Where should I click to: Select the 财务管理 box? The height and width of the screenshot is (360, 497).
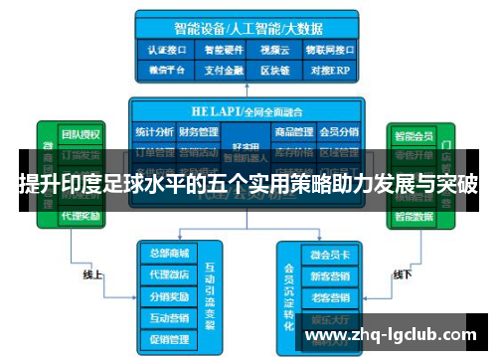tap(199, 131)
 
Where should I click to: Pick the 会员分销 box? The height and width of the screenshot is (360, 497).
tap(339, 131)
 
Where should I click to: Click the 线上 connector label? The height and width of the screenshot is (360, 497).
tap(91, 274)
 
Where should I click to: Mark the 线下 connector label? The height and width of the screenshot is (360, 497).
tap(403, 274)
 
